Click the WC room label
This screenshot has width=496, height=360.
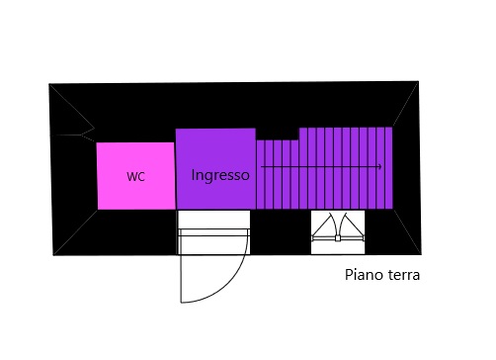(135, 176)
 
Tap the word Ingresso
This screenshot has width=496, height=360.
(220, 175)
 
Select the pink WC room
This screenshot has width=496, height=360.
(135, 176)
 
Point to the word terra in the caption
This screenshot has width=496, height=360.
(404, 275)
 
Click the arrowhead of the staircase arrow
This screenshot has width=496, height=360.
(380, 167)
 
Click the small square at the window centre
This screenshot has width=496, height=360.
(338, 238)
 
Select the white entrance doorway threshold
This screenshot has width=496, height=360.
(213, 232)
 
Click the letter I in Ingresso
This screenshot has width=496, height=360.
(193, 174)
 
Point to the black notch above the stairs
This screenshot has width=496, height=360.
(278, 135)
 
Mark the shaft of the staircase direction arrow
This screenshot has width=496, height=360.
(320, 167)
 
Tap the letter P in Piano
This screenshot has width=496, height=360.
(349, 275)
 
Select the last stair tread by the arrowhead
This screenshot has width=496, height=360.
(388, 168)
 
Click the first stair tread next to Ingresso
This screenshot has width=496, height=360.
(261, 175)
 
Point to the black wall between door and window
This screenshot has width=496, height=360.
(281, 232)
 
